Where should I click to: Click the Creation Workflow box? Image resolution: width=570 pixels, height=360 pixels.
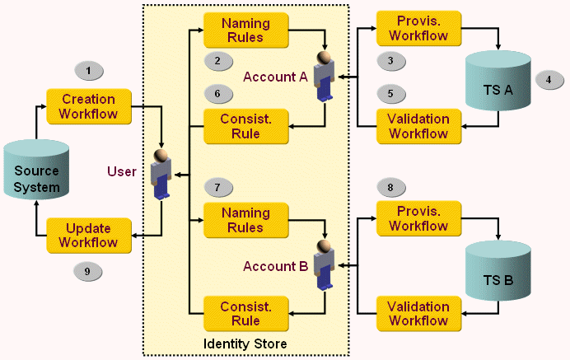click(x=89, y=106)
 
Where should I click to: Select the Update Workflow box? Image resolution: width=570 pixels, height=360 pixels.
click(x=89, y=235)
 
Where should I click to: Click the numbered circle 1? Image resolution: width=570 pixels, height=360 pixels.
click(x=88, y=69)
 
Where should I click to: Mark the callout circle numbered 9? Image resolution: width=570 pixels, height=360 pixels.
click(x=88, y=270)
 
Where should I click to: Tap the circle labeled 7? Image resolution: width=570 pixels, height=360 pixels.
click(x=217, y=187)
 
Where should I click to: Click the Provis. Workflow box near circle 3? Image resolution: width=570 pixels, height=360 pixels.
click(x=418, y=29)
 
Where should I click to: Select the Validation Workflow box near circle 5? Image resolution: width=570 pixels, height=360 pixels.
click(x=418, y=126)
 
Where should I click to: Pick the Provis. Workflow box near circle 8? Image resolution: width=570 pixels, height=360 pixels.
click(x=418, y=219)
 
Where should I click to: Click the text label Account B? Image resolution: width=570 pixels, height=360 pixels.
click(x=275, y=266)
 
